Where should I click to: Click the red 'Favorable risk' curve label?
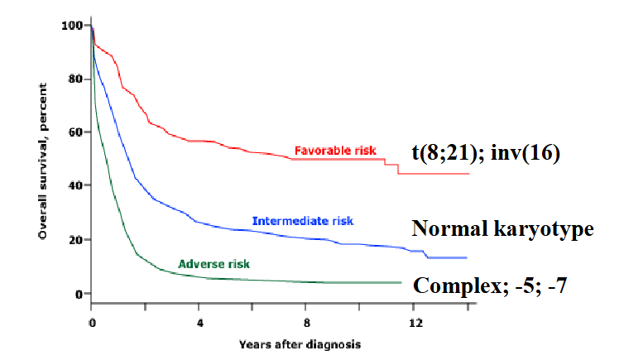tap(335, 151)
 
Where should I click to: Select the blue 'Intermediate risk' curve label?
tap(302, 221)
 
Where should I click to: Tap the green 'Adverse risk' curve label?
tap(214, 264)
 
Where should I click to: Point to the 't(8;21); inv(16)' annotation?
tap(487, 153)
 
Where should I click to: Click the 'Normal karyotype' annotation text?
tap(502, 229)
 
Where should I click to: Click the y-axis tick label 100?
tap(72, 26)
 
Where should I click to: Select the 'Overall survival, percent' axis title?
tap(41, 157)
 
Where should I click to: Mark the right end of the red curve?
tap(468, 174)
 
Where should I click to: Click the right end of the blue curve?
tap(468, 258)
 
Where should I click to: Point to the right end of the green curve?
tap(401, 282)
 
